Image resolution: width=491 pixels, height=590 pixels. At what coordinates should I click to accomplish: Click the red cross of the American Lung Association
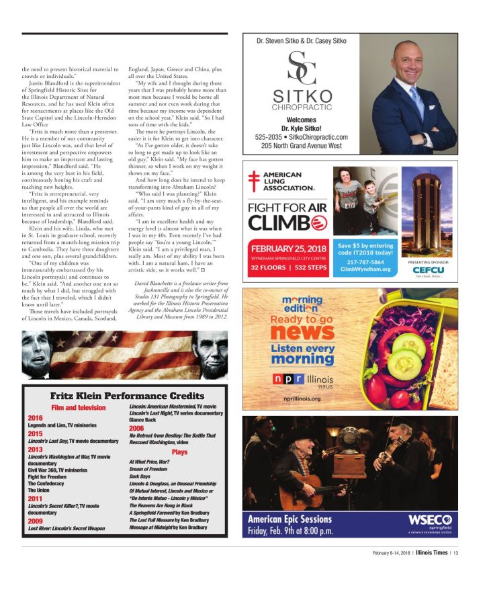point(254,179)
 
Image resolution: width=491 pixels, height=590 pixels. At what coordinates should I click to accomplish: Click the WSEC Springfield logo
point(431,523)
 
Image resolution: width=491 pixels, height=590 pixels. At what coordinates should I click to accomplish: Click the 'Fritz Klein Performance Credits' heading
point(127,396)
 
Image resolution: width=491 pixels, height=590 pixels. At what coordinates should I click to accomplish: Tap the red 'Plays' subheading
point(179,453)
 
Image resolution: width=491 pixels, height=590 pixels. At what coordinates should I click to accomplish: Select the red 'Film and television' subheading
point(79,407)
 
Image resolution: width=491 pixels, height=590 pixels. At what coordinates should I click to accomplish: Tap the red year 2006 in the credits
point(137,427)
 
